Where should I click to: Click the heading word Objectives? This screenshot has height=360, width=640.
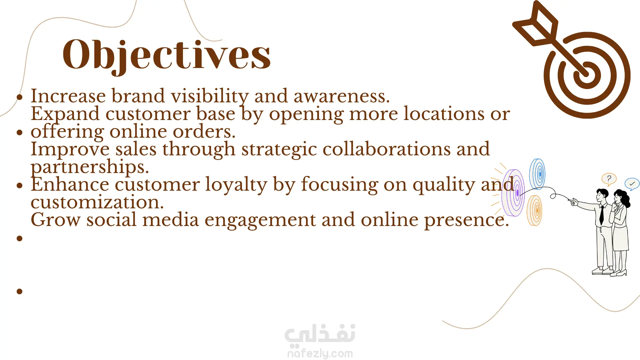point(167,55)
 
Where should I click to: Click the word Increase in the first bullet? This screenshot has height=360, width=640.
point(68,96)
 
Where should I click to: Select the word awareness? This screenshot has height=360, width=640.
point(342,96)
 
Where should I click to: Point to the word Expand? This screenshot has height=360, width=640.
point(65,114)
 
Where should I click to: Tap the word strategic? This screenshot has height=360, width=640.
point(279,150)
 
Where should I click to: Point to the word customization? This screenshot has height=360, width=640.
point(97,202)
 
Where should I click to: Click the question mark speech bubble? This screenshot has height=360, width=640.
point(609,179)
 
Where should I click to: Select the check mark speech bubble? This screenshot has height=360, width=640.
point(632,184)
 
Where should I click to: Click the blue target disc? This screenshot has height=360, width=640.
point(537,174)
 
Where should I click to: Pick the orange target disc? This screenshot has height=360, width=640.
point(535,210)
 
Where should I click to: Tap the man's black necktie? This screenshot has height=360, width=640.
point(602,215)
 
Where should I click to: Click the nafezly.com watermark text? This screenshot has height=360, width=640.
point(320,353)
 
